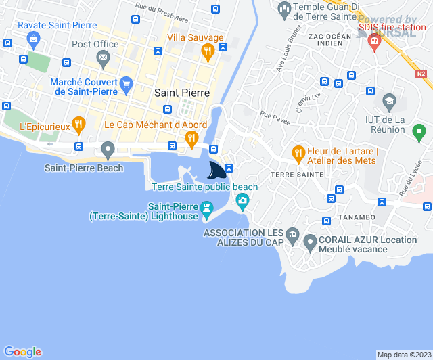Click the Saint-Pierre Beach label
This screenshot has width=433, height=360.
point(84,168)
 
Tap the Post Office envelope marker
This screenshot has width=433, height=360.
point(103,60)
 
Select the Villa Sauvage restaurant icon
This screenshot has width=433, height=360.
point(208,50)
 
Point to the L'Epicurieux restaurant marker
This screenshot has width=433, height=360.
point(79,124)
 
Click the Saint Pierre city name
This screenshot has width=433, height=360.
point(182,93)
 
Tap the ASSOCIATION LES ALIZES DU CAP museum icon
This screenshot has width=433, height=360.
point(292,236)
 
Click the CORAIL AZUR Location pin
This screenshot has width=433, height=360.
point(310,241)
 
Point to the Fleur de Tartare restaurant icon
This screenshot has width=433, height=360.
point(297,155)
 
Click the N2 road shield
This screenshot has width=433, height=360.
point(421,74)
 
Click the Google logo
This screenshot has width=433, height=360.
point(23,351)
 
